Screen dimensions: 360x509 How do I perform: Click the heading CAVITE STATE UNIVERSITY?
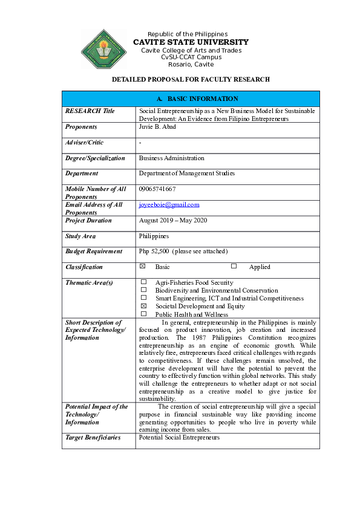click(191, 42)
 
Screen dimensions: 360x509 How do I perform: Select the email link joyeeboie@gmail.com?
click(169, 205)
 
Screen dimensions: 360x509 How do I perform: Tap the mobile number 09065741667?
click(157, 189)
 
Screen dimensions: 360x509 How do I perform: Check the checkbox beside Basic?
click(143, 267)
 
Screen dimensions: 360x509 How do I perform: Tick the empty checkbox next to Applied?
click(234, 267)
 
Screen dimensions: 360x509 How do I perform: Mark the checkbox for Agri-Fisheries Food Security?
click(143, 282)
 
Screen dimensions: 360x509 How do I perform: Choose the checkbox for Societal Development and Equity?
click(143, 306)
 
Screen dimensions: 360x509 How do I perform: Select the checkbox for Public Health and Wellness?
click(143, 314)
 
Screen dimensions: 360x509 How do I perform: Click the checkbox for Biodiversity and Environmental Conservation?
click(143, 290)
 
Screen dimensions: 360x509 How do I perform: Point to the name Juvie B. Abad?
click(157, 127)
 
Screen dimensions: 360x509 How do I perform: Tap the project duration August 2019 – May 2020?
click(173, 221)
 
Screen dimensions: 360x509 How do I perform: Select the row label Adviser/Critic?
click(84, 143)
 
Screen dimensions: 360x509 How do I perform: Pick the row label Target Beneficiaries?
click(93, 438)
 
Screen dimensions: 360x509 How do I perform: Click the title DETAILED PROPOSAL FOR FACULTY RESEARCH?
click(191, 79)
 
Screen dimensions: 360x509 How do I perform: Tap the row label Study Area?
click(80, 236)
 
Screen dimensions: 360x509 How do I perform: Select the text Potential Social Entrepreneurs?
click(179, 438)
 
